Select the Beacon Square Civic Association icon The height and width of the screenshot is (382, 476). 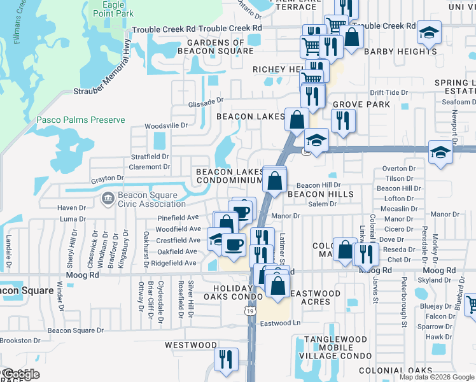pyautogui.click(x=108, y=199)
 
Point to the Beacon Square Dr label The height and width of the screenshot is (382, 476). pyautogui.click(x=76, y=330)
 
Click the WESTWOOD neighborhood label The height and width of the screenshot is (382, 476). pyautogui.click(x=191, y=345)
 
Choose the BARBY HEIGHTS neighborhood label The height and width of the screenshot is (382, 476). pyautogui.click(x=400, y=52)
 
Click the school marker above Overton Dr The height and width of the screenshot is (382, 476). pyautogui.click(x=440, y=152)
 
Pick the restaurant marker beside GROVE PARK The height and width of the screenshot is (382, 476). pyautogui.click(x=343, y=120)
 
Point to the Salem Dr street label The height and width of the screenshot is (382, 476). pyautogui.click(x=322, y=204)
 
